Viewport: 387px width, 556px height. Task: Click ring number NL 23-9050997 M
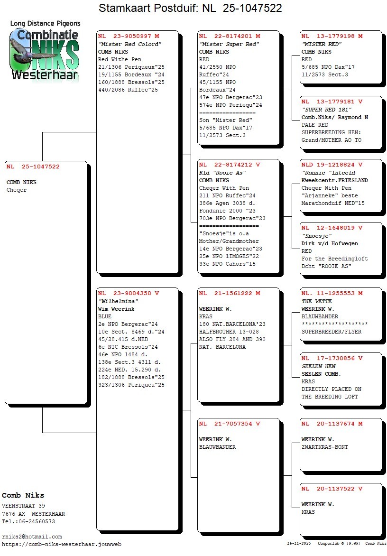click(x=129, y=36)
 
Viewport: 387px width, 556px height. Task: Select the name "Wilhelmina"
click(x=118, y=301)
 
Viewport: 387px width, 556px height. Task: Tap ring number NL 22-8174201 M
click(x=230, y=36)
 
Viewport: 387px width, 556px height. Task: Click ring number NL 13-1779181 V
click(x=332, y=102)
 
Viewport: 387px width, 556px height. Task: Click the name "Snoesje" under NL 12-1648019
click(x=316, y=236)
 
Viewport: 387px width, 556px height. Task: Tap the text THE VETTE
click(x=316, y=301)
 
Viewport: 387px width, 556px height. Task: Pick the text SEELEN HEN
click(x=319, y=366)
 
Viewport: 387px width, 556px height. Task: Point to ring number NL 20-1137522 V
click(x=332, y=489)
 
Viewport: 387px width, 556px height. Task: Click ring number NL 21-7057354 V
click(x=230, y=424)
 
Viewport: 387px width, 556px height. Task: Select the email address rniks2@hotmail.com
click(x=32, y=537)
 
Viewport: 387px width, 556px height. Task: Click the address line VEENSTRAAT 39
click(x=23, y=506)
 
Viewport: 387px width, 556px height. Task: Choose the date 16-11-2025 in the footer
click(x=299, y=543)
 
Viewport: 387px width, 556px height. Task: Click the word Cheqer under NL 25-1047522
click(x=17, y=190)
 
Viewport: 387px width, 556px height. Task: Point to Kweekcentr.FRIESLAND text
click(x=334, y=180)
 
